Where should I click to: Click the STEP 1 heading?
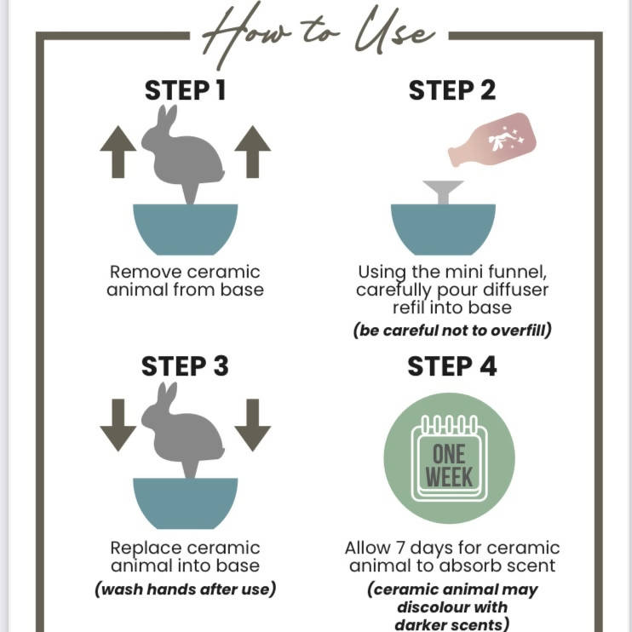[x=185, y=90]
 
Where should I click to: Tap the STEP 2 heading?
[x=451, y=90]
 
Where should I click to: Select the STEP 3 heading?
[x=185, y=366]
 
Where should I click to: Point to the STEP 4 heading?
[x=451, y=366]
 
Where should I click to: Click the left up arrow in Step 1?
[x=118, y=152]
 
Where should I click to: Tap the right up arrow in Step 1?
[x=253, y=152]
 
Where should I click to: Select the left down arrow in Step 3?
[x=118, y=425]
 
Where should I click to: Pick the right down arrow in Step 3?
[x=253, y=425]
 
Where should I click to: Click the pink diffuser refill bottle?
[x=492, y=140]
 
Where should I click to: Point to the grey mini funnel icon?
[x=443, y=192]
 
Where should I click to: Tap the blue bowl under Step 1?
[x=186, y=229]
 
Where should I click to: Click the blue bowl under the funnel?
[x=443, y=229]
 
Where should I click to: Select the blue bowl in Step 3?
[x=186, y=503]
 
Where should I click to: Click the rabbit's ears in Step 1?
[x=167, y=116]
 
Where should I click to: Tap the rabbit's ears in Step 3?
[x=167, y=393]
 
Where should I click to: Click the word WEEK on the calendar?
[x=449, y=478]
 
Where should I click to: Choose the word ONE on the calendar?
[x=449, y=454]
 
